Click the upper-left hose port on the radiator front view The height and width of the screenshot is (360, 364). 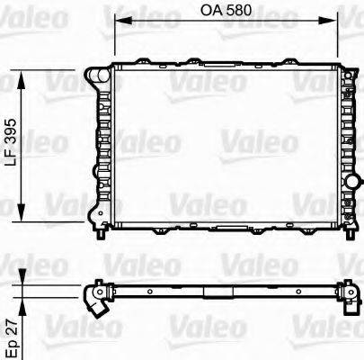(101, 77)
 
